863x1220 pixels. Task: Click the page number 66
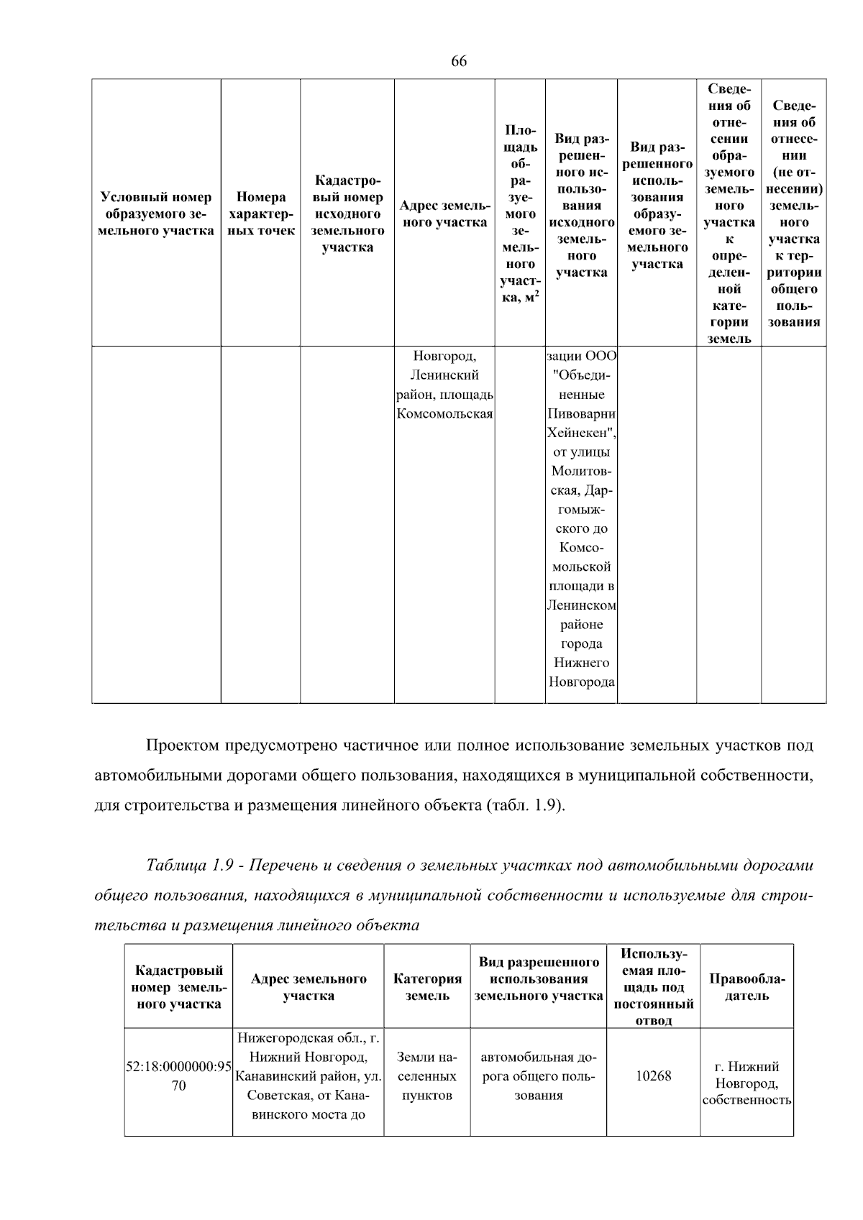[459, 61]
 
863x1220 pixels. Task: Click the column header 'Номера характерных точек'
[260, 214]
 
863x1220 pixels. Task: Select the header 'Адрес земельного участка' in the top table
[444, 214]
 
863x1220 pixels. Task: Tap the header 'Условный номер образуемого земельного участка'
[156, 214]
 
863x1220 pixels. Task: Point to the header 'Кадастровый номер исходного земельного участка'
[347, 214]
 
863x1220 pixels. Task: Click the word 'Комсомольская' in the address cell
[444, 414]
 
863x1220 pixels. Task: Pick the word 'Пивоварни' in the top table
[581, 414]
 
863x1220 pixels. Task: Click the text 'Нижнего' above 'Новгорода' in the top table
[581, 663]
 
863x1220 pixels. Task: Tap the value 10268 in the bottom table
[653, 1076]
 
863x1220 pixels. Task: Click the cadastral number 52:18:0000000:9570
[178, 1076]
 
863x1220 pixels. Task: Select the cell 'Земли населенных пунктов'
[427, 1076]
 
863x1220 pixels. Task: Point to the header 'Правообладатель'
[746, 987]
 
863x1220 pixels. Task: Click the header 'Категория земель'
[427, 987]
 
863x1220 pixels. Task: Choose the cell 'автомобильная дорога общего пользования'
[538, 1076]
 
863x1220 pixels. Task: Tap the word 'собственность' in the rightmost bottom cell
[746, 1100]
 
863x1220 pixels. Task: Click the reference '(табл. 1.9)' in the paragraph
[525, 804]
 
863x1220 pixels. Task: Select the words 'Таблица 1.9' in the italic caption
[189, 865]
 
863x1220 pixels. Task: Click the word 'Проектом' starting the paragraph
[182, 746]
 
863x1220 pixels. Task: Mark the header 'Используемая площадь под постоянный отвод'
[653, 987]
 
